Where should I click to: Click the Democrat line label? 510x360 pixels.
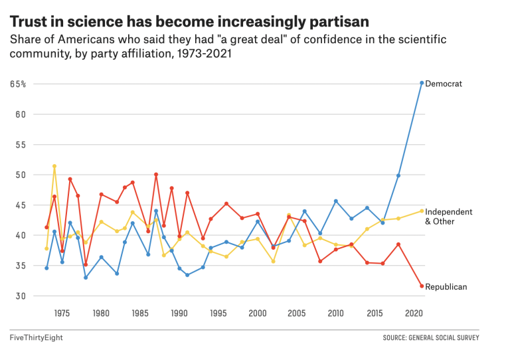(443, 84)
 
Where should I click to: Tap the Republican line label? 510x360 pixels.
(446, 287)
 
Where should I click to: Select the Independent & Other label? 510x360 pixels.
(448, 217)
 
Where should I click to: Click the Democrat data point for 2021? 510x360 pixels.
(422, 83)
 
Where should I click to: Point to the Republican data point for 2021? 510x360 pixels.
(422, 286)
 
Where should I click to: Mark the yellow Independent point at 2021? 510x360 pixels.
(422, 211)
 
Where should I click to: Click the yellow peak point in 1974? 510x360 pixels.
(54, 166)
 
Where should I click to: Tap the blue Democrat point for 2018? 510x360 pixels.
(398, 175)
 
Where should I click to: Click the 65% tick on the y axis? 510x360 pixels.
(18, 84)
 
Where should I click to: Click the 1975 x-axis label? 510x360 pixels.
(62, 313)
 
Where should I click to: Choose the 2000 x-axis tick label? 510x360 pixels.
(257, 313)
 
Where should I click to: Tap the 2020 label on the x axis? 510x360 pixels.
(413, 313)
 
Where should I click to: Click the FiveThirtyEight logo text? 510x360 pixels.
(36, 338)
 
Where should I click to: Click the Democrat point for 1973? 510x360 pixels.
(46, 268)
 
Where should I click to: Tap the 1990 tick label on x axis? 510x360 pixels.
(179, 313)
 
